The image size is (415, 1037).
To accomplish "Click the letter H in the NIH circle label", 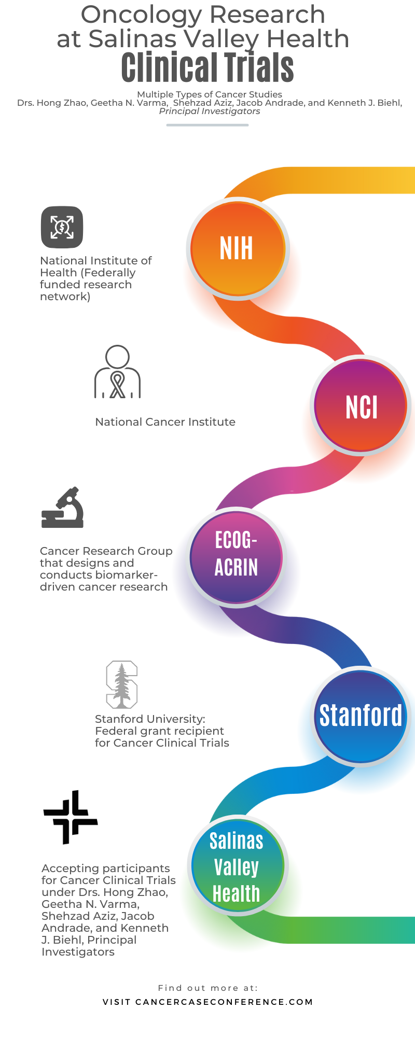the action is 246,248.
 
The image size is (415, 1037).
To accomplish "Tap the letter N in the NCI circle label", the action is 352,407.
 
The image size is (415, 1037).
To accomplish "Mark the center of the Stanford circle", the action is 361,716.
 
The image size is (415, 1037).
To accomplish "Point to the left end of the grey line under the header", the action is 167,125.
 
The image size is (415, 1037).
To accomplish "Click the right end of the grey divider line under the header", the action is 247,125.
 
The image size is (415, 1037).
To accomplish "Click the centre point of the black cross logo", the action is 71,817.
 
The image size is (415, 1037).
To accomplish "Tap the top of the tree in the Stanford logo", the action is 122,663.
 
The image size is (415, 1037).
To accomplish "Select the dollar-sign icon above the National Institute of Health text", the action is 62,227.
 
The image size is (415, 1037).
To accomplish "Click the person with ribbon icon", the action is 118,371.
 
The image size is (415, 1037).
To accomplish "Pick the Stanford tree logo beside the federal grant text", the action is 122,684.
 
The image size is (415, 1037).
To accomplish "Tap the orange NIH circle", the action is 238,249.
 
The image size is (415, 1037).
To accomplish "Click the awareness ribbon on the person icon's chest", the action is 118,385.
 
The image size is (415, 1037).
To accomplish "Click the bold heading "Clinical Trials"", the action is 208,68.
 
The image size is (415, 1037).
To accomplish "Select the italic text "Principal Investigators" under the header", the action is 210,111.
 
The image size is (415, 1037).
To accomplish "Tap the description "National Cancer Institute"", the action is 165,422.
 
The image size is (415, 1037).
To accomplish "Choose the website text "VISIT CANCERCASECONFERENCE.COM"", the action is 208,1002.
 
